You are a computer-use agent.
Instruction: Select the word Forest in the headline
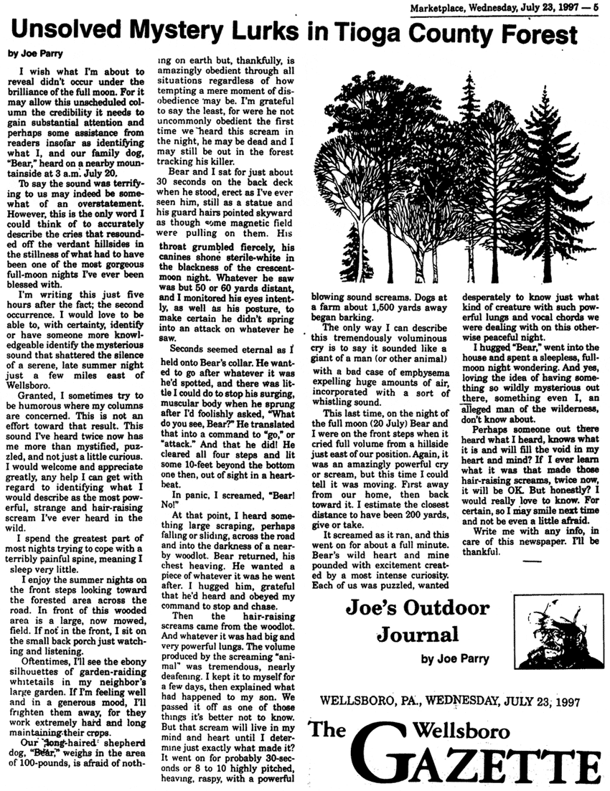(539, 33)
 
